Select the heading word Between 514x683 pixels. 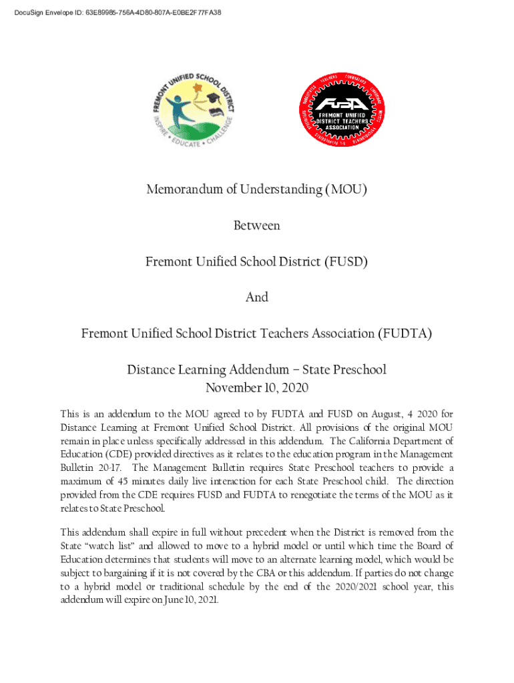256,225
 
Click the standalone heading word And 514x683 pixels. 256,297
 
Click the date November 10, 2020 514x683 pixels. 256,388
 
